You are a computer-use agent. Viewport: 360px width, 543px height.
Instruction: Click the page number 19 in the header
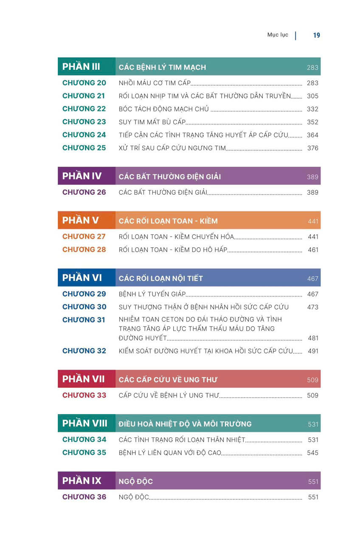click(x=317, y=35)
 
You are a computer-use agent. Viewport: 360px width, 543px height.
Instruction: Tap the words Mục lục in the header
click(x=278, y=35)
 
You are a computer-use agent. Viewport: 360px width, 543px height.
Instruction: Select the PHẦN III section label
click(x=81, y=67)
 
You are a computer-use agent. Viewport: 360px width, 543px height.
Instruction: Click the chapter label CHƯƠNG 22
click(x=84, y=109)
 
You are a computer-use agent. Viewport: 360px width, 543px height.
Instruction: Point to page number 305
click(x=312, y=96)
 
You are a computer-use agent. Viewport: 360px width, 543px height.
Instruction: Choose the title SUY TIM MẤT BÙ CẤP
click(x=152, y=122)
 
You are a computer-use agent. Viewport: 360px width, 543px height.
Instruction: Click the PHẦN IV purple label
click(x=82, y=176)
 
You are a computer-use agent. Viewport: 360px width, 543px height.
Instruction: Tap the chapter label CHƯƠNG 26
click(x=84, y=192)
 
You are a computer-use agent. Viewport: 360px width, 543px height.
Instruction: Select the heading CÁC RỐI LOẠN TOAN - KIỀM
click(x=168, y=221)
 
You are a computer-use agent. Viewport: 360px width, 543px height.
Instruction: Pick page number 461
click(x=313, y=250)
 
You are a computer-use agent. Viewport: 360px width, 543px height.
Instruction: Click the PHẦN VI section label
click(x=82, y=278)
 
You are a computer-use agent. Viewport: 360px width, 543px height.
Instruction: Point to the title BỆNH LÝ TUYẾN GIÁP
click(x=152, y=294)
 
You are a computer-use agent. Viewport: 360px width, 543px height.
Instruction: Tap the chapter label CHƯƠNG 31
click(x=84, y=320)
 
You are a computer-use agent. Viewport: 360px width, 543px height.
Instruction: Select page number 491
click(x=313, y=351)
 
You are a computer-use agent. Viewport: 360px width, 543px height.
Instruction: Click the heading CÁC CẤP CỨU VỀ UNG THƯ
click(x=168, y=380)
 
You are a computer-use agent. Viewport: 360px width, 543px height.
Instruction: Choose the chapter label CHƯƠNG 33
click(x=84, y=395)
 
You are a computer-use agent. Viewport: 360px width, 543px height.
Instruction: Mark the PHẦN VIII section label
click(x=84, y=423)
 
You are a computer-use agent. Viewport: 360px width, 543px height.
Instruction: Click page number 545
click(x=312, y=453)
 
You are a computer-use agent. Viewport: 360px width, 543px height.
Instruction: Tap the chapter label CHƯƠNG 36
click(x=84, y=497)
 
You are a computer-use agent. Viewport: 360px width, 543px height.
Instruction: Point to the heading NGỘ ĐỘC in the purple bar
click(x=136, y=481)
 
